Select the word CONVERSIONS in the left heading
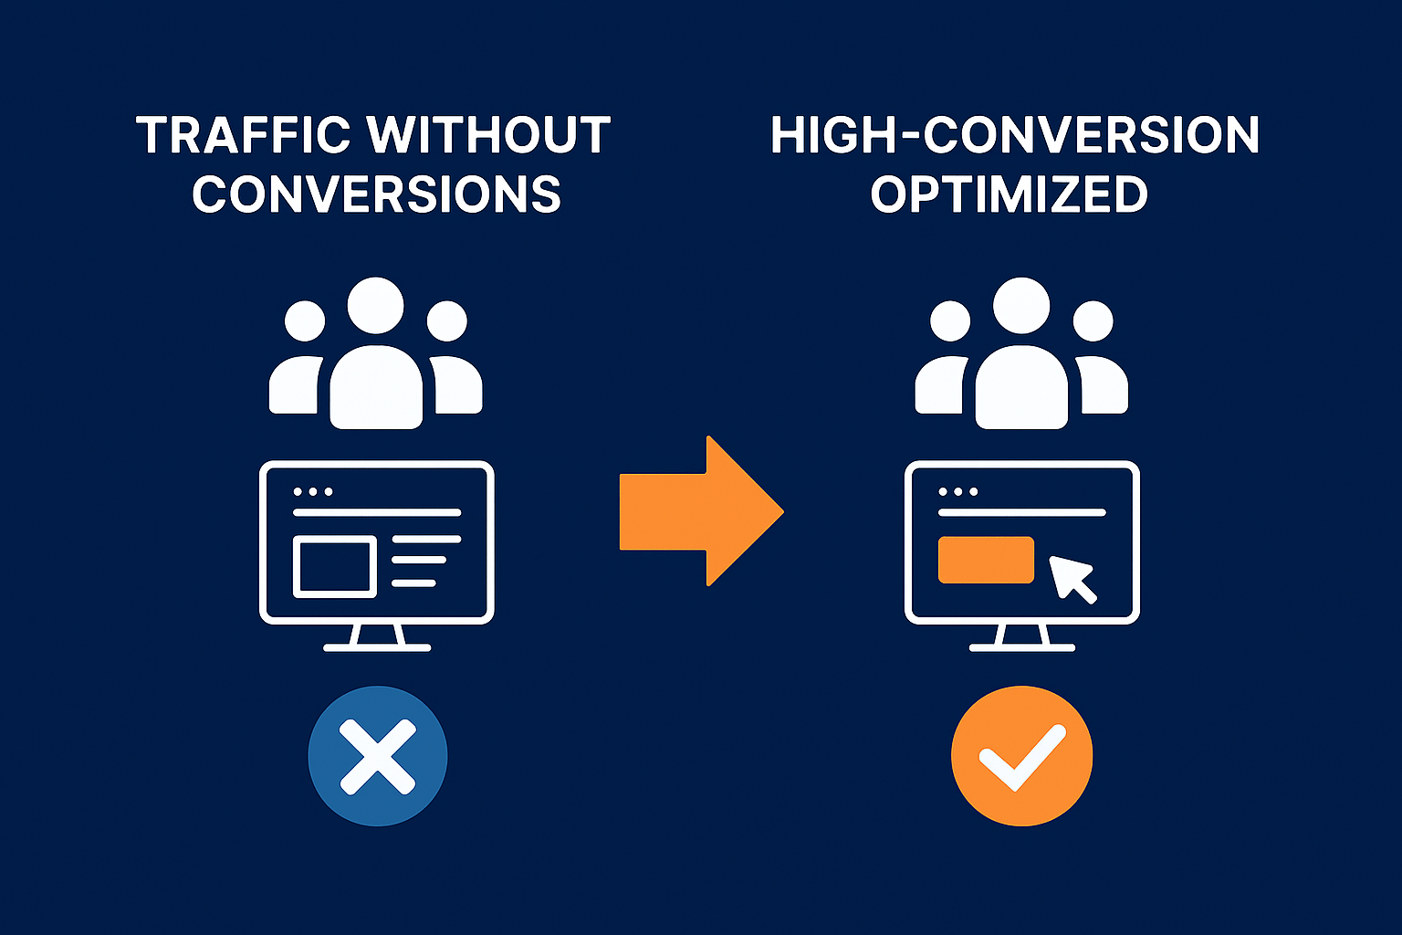tap(376, 194)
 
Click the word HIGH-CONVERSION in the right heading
tap(1014, 135)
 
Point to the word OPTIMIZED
tap(1009, 194)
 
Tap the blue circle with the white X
tap(377, 756)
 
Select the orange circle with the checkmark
tap(1021, 756)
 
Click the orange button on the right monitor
tap(986, 560)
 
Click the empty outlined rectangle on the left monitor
tap(334, 567)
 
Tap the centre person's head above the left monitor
tap(375, 306)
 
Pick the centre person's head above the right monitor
tap(1021, 306)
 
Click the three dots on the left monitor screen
tap(312, 491)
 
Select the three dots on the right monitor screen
tap(957, 491)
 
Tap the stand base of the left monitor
tap(377, 647)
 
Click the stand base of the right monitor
tap(1021, 647)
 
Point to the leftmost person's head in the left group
tap(305, 320)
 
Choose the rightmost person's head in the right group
tap(1093, 320)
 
